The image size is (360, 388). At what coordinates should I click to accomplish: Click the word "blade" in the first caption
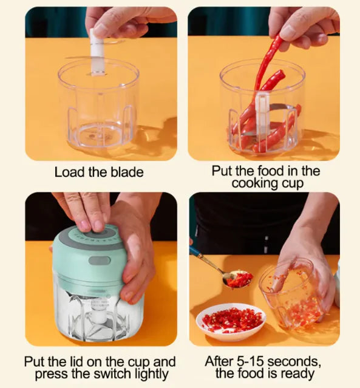tap(126, 172)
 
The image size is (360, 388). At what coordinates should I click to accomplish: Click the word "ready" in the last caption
tap(297, 373)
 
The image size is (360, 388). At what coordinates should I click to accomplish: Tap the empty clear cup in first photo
tap(99, 109)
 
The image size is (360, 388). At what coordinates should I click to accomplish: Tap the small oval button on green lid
tap(99, 260)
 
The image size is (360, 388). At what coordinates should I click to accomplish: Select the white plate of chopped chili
tap(231, 321)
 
